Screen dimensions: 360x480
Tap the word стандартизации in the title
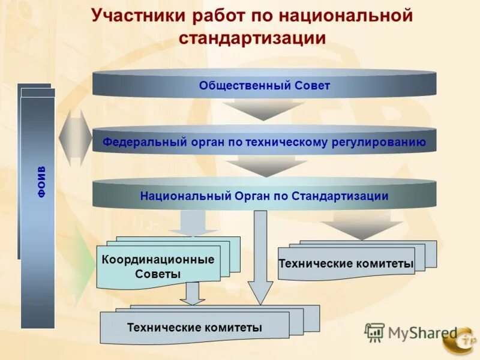click(252, 38)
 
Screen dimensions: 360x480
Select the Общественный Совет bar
click(264, 86)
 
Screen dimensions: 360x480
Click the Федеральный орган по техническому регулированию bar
click(264, 142)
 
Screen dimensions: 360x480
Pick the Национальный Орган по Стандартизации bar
click(264, 196)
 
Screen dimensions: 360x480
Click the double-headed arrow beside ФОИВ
click(76, 138)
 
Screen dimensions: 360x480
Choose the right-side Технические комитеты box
click(346, 263)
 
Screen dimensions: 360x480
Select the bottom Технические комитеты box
click(194, 328)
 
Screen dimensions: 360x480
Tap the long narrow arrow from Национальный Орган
click(260, 258)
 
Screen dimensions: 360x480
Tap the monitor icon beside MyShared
click(375, 332)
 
